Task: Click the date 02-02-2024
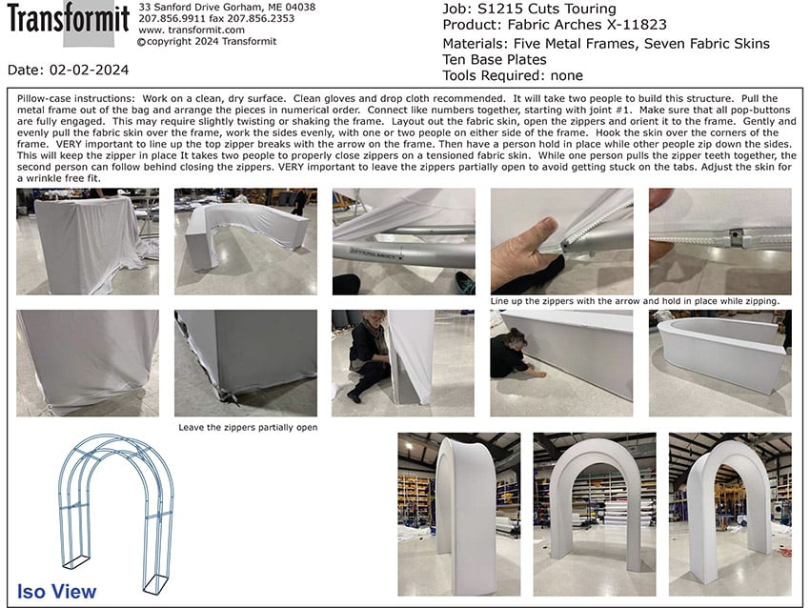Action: coord(89,70)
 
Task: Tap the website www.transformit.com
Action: coord(192,30)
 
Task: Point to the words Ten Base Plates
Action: coord(495,59)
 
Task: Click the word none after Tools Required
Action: coord(567,75)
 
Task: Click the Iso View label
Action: coord(56,592)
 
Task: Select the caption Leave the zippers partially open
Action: coord(248,427)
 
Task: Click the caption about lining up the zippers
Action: coord(635,300)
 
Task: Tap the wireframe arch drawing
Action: coord(115,513)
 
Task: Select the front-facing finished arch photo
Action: coord(595,515)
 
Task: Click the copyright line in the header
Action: coord(207,41)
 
